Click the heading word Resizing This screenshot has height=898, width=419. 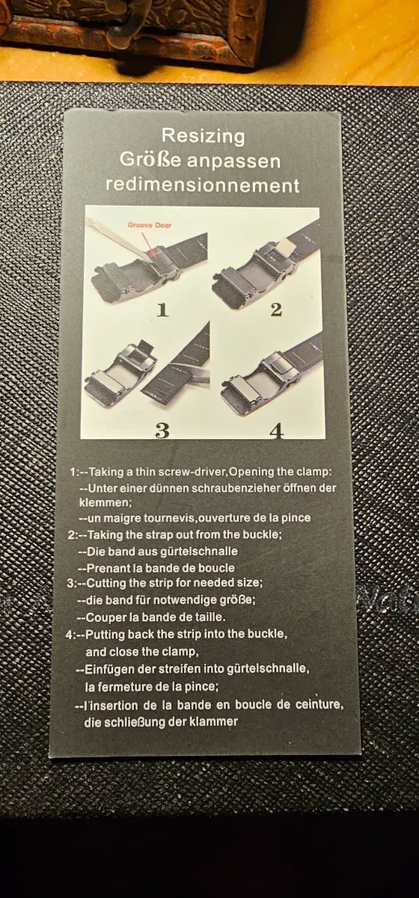tap(203, 137)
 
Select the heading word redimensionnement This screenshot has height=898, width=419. tap(202, 186)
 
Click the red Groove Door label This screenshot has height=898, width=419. tap(150, 225)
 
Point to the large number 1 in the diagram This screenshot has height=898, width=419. tap(162, 310)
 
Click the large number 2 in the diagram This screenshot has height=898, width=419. tap(276, 309)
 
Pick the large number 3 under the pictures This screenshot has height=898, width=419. tap(162, 430)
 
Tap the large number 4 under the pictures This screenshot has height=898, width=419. tap(277, 431)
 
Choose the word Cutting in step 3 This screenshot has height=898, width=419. tap(104, 583)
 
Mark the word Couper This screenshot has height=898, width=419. tap(103, 617)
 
